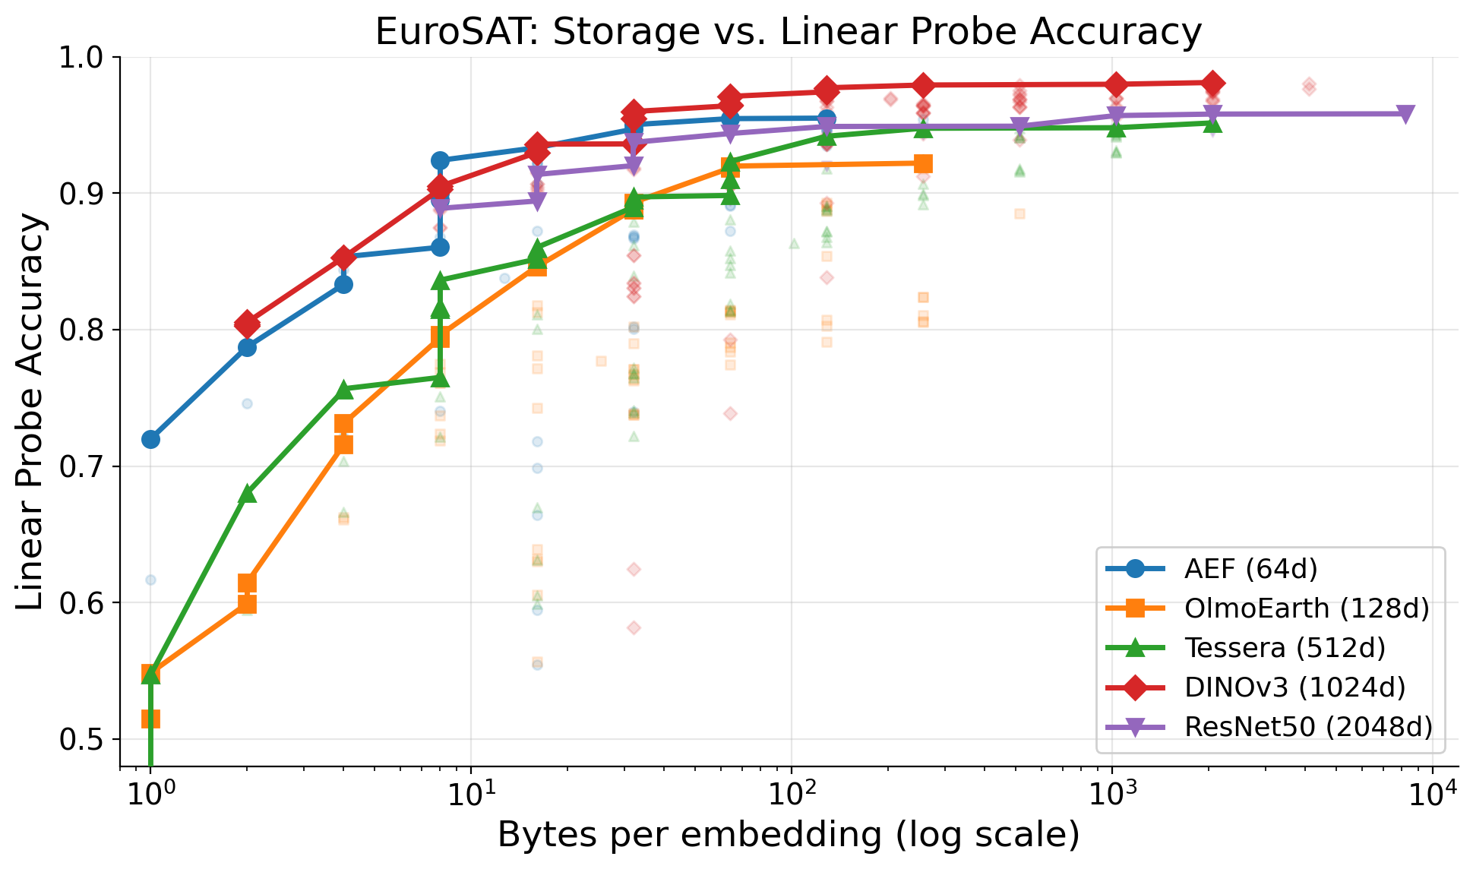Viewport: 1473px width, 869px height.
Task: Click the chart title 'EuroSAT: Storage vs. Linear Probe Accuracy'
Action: [x=788, y=32]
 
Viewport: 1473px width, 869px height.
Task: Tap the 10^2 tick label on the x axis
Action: [x=791, y=795]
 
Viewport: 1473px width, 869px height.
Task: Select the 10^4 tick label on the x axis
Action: [x=1432, y=795]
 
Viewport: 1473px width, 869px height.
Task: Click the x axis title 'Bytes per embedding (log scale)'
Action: [x=788, y=835]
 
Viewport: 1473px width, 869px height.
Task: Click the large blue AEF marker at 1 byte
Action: [x=150, y=439]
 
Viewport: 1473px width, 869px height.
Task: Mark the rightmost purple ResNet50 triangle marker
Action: [x=1405, y=114]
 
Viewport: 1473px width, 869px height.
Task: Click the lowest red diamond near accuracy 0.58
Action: [x=634, y=627]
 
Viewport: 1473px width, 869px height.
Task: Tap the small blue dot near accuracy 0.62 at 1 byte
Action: [x=150, y=580]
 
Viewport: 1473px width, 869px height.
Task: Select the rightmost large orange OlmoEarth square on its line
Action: [x=923, y=163]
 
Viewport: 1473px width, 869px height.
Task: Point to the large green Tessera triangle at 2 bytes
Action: [x=247, y=494]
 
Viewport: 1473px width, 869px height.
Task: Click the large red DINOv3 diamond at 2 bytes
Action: [x=247, y=324]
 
